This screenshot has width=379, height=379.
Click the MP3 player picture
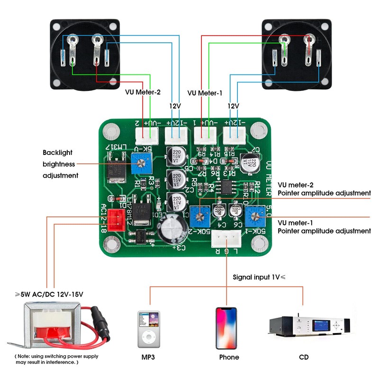pyautogui.click(x=149, y=329)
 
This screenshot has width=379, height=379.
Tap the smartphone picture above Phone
pyautogui.click(x=226, y=328)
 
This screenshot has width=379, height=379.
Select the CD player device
pyautogui.click(x=310, y=326)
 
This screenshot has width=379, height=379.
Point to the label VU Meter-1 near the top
pyautogui.click(x=205, y=93)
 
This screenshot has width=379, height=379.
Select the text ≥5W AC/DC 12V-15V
pyautogui.click(x=49, y=294)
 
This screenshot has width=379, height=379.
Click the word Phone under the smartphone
pyautogui.click(x=229, y=357)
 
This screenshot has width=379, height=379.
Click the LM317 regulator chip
pyautogui.click(x=116, y=171)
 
